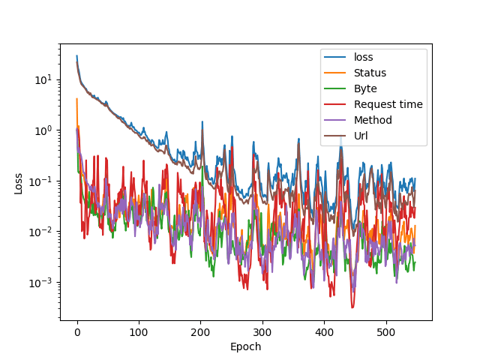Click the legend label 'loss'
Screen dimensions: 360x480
point(364,57)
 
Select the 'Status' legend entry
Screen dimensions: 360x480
point(370,73)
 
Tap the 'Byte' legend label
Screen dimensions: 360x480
point(366,88)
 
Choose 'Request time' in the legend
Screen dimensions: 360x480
point(388,104)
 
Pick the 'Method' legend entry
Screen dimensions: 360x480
point(373,120)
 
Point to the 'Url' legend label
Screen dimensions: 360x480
point(361,136)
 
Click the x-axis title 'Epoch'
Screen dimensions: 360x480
point(246,346)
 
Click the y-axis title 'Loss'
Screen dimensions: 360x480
point(17,182)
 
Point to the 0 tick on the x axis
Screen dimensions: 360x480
point(76,331)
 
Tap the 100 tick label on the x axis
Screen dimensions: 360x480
point(139,331)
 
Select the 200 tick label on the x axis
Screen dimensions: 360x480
point(200,331)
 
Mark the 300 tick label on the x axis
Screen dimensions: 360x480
point(262,331)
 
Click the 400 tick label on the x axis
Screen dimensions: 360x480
point(324,331)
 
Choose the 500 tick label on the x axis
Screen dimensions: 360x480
point(386,331)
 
